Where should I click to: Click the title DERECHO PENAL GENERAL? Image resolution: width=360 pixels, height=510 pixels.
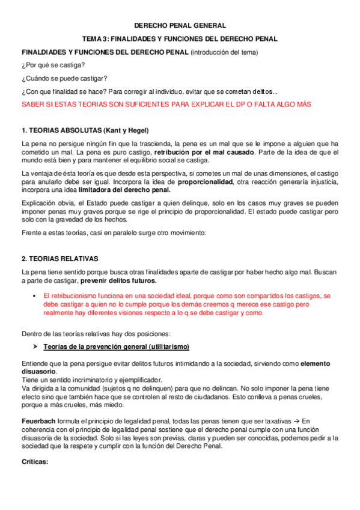[x=179, y=25]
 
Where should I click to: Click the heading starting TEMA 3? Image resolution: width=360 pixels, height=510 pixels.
[x=179, y=38]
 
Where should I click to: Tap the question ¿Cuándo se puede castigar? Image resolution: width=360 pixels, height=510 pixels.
[x=64, y=78]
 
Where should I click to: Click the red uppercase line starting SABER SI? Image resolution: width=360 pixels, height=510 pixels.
[x=166, y=104]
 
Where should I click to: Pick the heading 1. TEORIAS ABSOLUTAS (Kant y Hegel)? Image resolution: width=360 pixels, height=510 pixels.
[x=85, y=131]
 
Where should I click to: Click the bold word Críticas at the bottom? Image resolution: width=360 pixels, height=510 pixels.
[x=35, y=462]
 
